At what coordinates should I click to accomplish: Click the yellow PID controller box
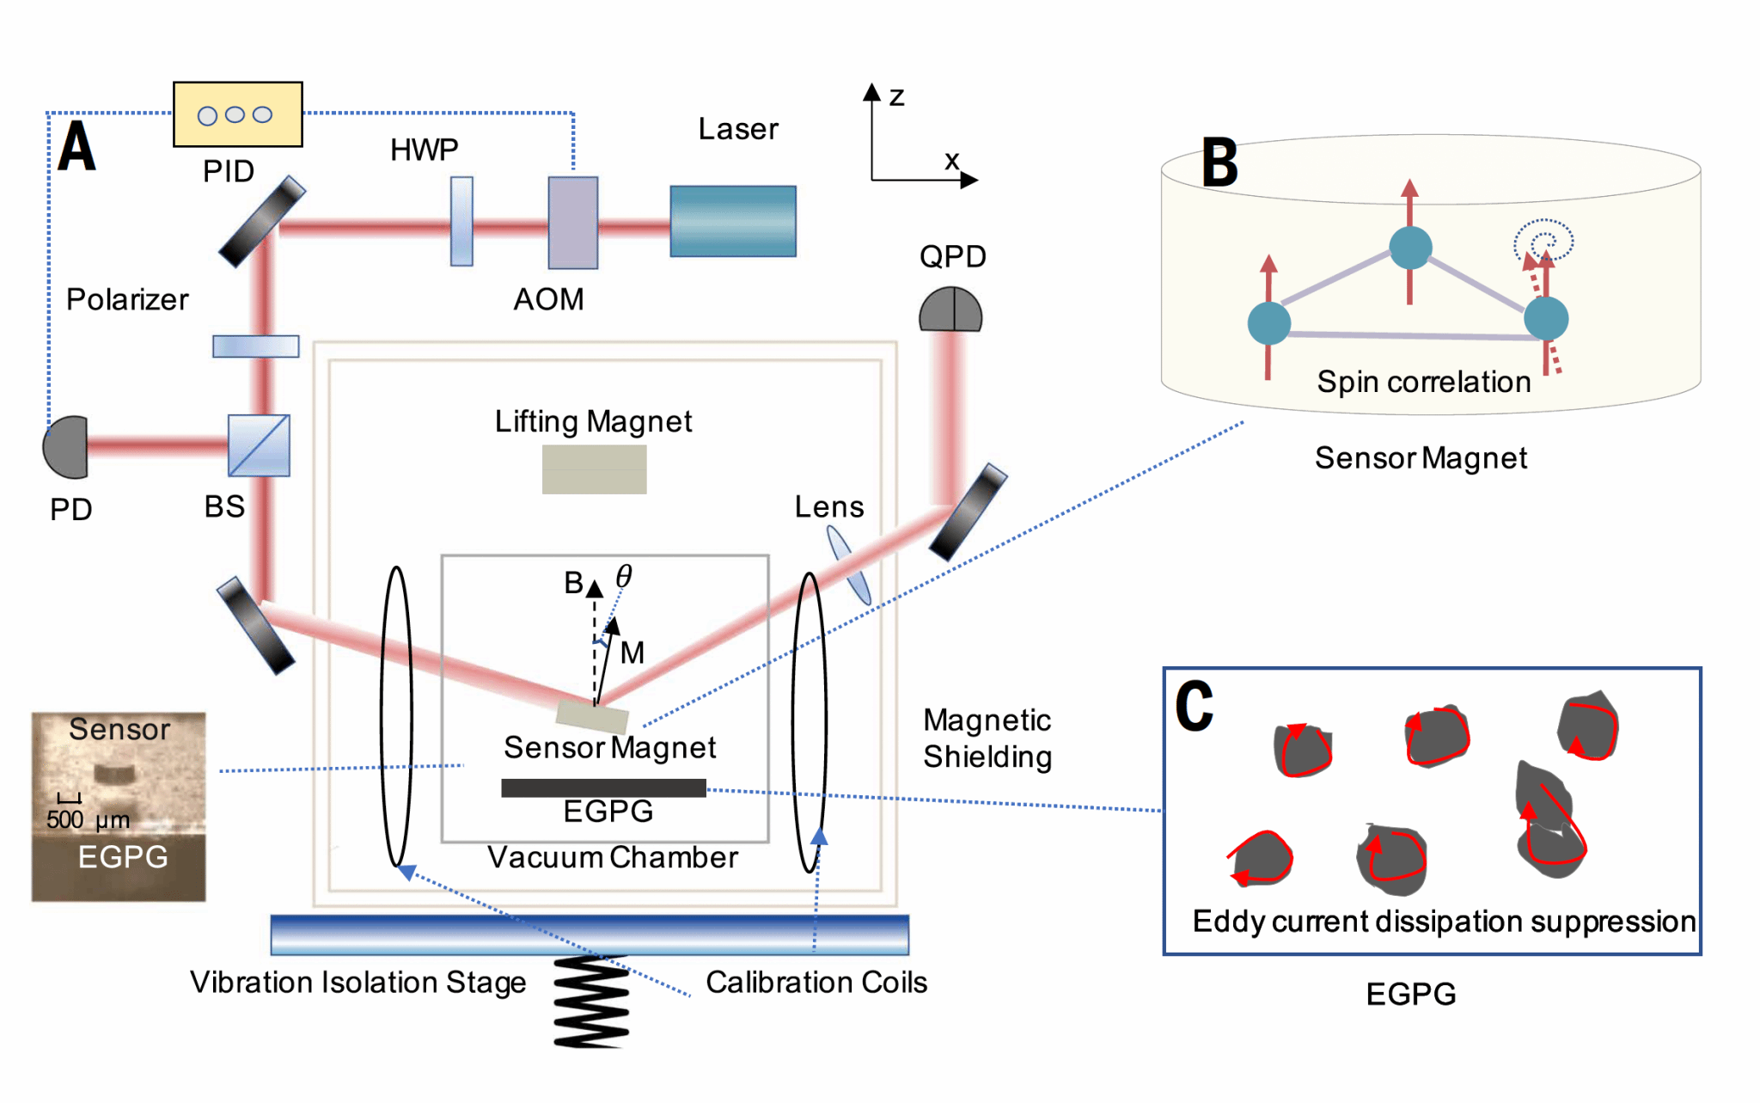click(x=238, y=114)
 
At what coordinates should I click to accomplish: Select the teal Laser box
click(x=733, y=221)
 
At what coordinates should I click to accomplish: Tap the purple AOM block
click(x=573, y=223)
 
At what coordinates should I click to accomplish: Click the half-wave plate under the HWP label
click(x=461, y=221)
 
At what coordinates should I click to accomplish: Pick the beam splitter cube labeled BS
click(x=259, y=445)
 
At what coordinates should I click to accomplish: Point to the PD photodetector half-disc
click(x=67, y=447)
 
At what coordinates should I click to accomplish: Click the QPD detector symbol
click(x=950, y=309)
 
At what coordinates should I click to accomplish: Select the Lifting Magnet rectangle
click(x=594, y=469)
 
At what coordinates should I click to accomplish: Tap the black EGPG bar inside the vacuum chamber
click(x=603, y=787)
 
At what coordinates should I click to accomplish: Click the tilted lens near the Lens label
click(x=848, y=565)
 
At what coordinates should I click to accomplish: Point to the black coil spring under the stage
click(x=591, y=1002)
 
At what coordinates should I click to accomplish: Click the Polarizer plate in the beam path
click(x=256, y=346)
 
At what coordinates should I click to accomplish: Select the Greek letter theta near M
click(x=624, y=576)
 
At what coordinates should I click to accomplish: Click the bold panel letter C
click(x=1195, y=706)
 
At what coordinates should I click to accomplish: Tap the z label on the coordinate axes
click(x=896, y=96)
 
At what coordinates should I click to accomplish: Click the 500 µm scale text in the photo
click(x=88, y=820)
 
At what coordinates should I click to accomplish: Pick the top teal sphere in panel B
click(x=1410, y=248)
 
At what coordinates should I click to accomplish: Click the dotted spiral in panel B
click(x=1543, y=240)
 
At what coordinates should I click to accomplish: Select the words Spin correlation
click(x=1424, y=382)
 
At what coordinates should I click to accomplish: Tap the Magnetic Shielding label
click(x=987, y=738)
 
